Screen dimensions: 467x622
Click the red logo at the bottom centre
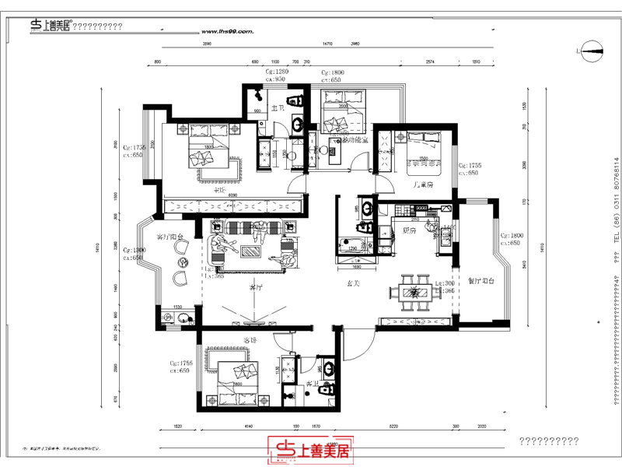tap(311, 449)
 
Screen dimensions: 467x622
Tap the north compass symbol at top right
tap(589, 52)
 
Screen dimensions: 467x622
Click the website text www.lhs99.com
tap(227, 32)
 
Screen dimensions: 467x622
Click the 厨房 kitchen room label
tap(410, 230)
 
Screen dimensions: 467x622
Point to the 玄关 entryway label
tap(352, 283)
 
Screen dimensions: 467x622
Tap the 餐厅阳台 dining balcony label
tap(481, 282)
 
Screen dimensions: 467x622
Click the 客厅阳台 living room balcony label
tap(169, 237)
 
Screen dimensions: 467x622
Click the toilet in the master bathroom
tap(295, 101)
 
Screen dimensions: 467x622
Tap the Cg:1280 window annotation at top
tap(277, 72)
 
